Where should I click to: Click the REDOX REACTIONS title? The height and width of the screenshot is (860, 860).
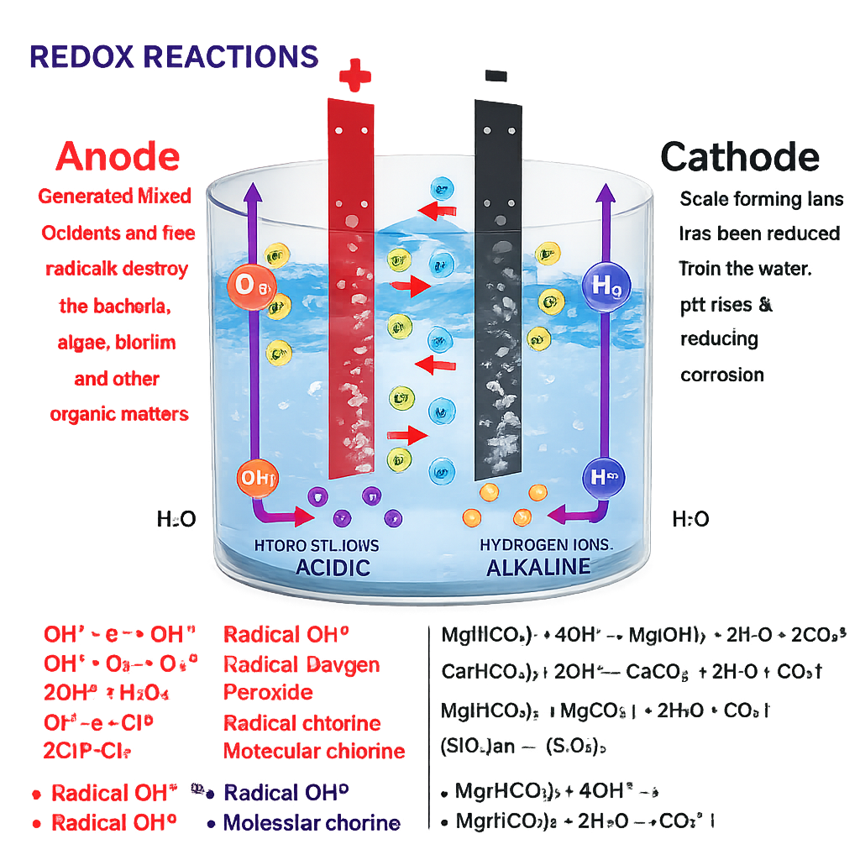[174, 56]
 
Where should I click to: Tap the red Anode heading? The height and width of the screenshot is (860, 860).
[118, 157]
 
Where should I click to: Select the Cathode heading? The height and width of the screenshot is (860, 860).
[740, 157]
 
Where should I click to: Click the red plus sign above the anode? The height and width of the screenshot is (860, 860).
[354, 78]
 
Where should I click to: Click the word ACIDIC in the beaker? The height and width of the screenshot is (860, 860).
[333, 567]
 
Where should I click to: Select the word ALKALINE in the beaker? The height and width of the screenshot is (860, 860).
[538, 567]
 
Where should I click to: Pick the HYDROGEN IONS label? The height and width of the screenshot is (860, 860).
[547, 544]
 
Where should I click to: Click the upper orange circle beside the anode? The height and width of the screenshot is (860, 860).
[251, 286]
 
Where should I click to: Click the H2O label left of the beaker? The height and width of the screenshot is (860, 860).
[176, 520]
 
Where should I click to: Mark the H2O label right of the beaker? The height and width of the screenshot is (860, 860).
[690, 520]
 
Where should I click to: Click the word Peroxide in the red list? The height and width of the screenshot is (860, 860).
[268, 693]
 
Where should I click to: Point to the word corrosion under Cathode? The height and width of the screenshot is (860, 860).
[722, 374]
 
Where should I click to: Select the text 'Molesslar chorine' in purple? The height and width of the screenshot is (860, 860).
[312, 823]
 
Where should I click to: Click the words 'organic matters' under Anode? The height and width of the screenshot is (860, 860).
[119, 413]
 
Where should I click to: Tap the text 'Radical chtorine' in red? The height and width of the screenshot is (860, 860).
[302, 723]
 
